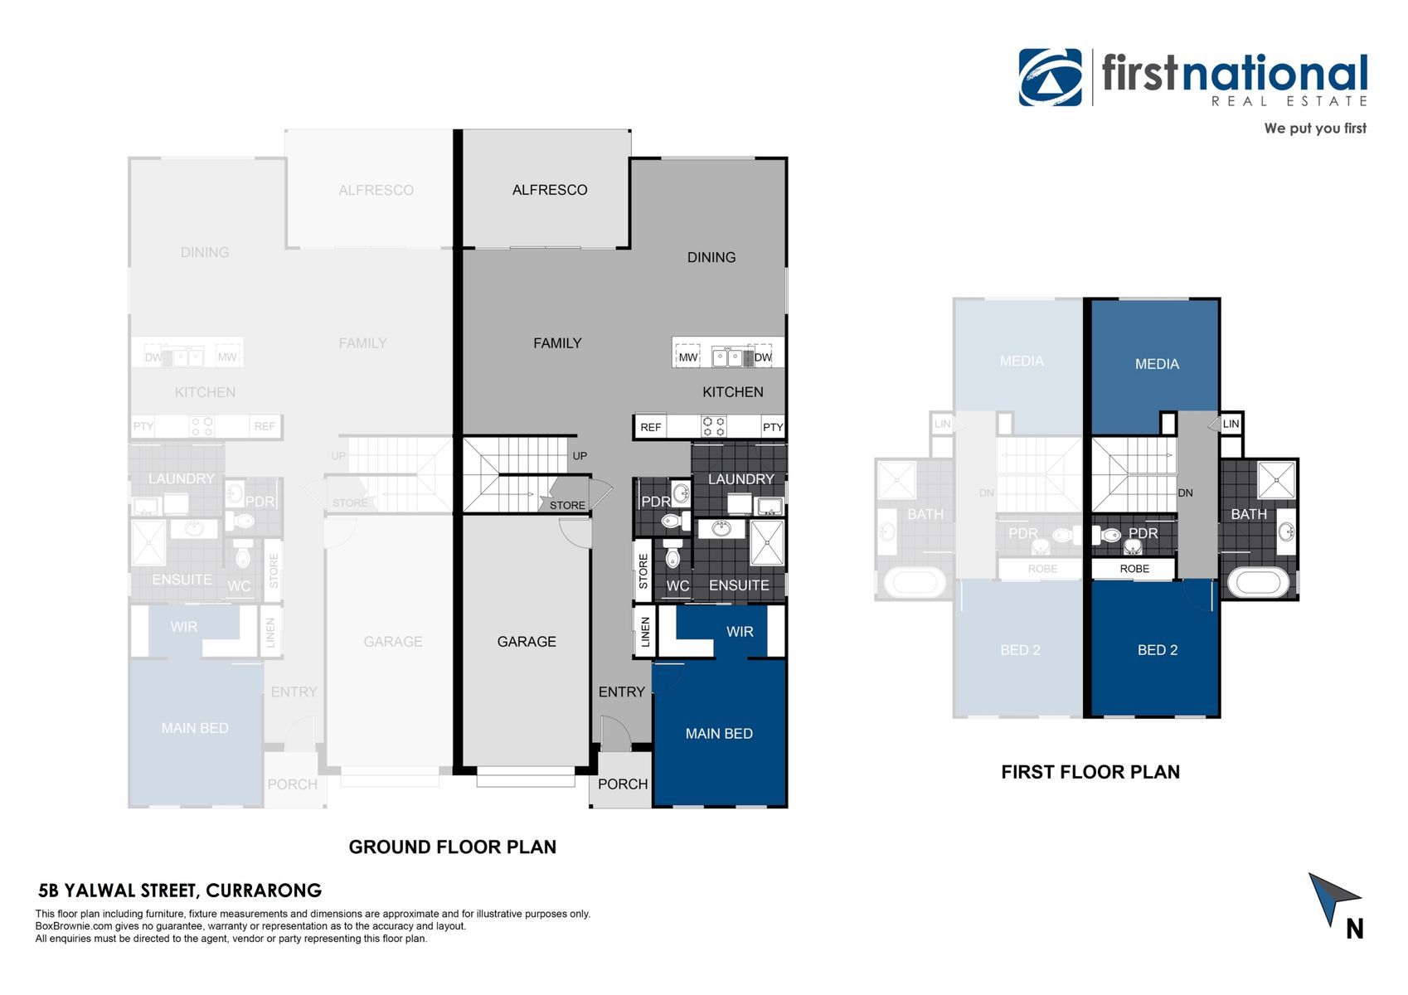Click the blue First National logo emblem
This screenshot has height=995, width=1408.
(1050, 77)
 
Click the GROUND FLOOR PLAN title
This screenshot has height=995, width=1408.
(453, 847)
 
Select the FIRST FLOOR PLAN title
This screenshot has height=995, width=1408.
(1090, 772)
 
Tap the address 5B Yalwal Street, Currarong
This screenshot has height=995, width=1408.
(180, 891)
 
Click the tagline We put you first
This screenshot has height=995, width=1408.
(1315, 129)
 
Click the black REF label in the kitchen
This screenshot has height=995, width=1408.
(651, 427)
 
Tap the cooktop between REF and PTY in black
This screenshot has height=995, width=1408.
(713, 427)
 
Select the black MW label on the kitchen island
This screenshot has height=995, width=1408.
(688, 357)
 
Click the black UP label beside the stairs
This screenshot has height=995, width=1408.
(580, 456)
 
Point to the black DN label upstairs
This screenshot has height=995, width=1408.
(1186, 493)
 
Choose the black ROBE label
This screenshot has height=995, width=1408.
(1134, 569)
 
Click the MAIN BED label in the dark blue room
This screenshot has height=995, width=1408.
(719, 734)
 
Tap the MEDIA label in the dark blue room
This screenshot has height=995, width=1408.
(1158, 364)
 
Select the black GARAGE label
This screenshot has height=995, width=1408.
(527, 642)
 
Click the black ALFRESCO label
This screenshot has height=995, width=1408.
(550, 190)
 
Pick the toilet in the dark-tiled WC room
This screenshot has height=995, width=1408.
(672, 552)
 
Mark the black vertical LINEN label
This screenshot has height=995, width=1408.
(645, 632)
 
